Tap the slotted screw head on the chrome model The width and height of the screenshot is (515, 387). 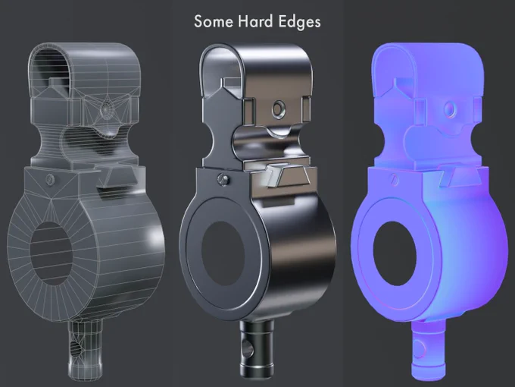[x=223, y=179]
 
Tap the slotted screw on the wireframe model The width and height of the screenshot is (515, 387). [x=50, y=180]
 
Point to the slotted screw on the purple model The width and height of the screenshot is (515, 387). [x=395, y=180]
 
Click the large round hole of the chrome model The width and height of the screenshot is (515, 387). [x=223, y=253]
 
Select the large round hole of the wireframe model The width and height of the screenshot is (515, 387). [x=51, y=253]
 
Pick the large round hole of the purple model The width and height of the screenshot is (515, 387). [x=395, y=253]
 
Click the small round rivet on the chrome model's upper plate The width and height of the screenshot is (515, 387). [x=279, y=109]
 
